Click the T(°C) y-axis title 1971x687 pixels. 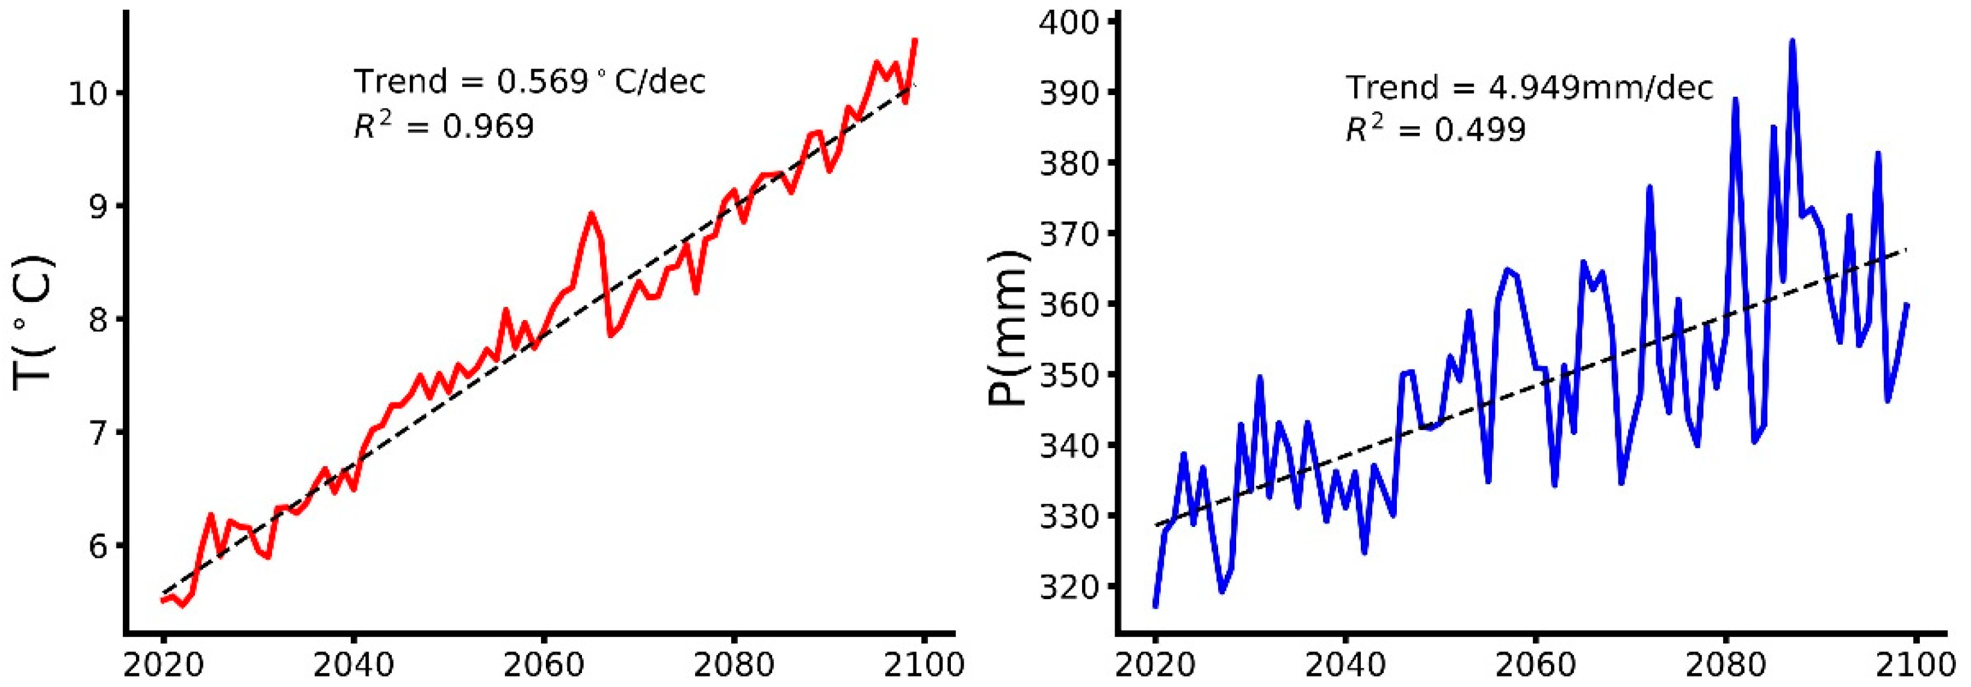point(34,321)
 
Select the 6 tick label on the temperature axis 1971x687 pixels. point(101,546)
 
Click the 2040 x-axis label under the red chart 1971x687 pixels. point(353,665)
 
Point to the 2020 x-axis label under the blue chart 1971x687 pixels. point(1156,665)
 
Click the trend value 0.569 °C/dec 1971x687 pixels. point(601,81)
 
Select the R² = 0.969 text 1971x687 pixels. point(444,126)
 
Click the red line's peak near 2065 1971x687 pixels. point(590,214)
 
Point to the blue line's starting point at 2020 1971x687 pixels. point(1156,606)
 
